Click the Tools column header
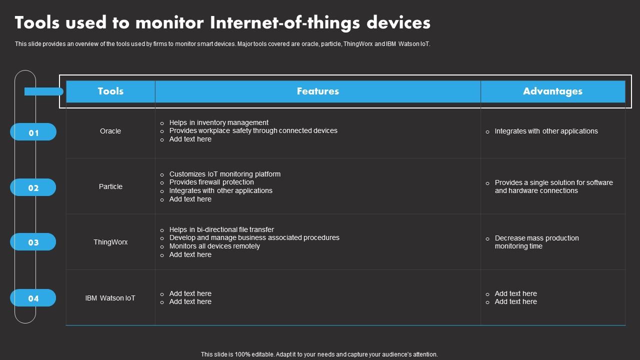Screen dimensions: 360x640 pyautogui.click(x=110, y=91)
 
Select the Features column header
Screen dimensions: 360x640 pyautogui.click(x=317, y=91)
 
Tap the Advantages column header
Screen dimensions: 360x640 pyautogui.click(x=552, y=91)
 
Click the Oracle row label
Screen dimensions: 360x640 pyautogui.click(x=110, y=131)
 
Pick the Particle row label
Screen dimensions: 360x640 pyautogui.click(x=110, y=186)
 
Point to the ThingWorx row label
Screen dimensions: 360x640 pyautogui.click(x=110, y=242)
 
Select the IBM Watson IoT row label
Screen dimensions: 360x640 pyautogui.click(x=110, y=298)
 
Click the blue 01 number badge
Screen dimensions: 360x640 pyautogui.click(x=33, y=132)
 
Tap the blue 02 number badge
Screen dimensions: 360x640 pyautogui.click(x=33, y=188)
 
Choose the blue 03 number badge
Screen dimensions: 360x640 pyautogui.click(x=33, y=242)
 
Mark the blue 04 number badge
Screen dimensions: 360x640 pyautogui.click(x=33, y=298)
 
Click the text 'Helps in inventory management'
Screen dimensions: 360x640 pyautogui.click(x=218, y=122)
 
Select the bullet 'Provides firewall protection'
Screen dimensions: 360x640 pyautogui.click(x=211, y=182)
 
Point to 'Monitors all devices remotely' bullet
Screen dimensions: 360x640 pyautogui.click(x=214, y=246)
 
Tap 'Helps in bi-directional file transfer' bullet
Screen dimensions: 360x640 pyautogui.click(x=221, y=229)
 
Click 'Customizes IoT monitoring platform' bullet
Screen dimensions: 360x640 pyautogui.click(x=224, y=174)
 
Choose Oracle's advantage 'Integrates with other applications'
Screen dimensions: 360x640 pyautogui.click(x=546, y=131)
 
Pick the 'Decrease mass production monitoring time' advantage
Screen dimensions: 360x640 pyautogui.click(x=536, y=242)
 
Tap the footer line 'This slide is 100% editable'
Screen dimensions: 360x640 pyautogui.click(x=319, y=354)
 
